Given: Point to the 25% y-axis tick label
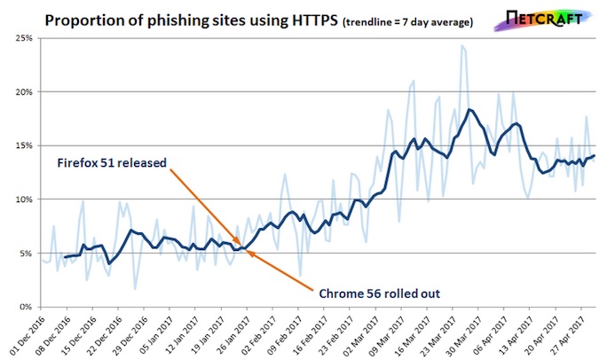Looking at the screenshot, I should tap(21, 38).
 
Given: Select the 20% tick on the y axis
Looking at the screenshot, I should tap(21, 92).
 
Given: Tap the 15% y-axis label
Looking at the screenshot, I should tap(21, 145).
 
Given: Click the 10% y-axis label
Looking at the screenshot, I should tap(21, 200).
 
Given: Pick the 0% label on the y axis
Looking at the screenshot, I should tap(24, 307).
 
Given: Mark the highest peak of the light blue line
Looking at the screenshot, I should tap(462, 46).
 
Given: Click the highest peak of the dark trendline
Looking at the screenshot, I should tap(469, 110).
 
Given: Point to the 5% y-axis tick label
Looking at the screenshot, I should tap(24, 253).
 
